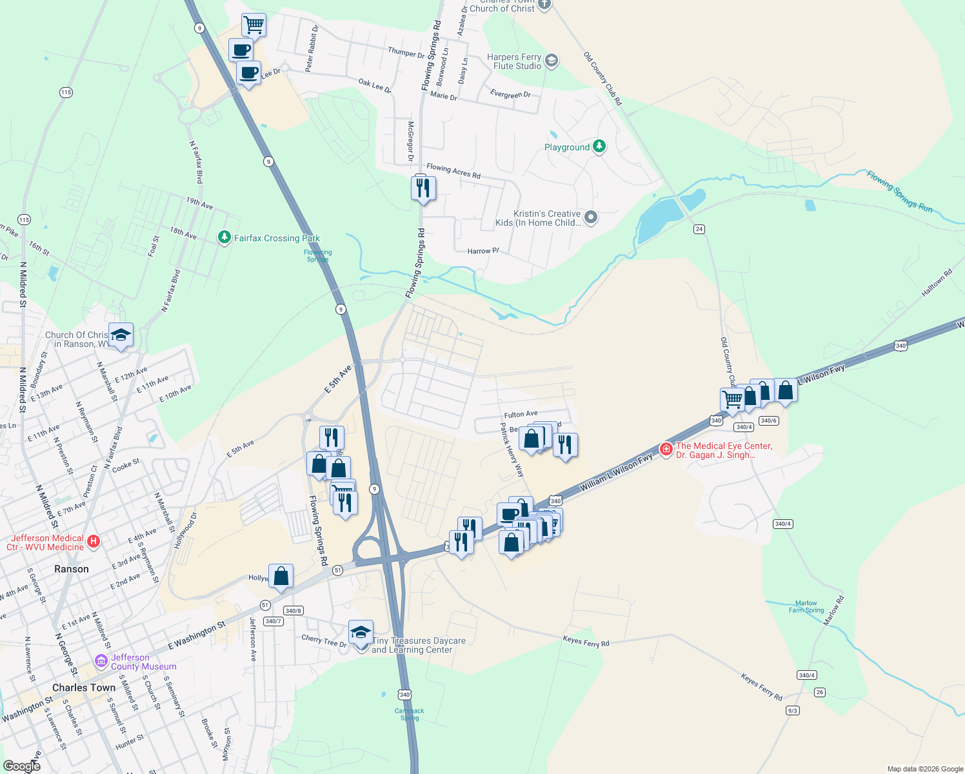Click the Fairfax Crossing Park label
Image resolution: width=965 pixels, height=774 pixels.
pyautogui.click(x=276, y=238)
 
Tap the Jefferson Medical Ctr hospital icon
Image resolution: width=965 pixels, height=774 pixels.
pyautogui.click(x=94, y=541)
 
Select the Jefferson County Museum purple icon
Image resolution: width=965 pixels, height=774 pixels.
pyautogui.click(x=101, y=660)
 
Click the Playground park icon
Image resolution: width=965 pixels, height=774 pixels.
pyautogui.click(x=599, y=146)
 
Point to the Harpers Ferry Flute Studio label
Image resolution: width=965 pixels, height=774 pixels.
pyautogui.click(x=514, y=61)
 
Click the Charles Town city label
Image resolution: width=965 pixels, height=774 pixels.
pyautogui.click(x=84, y=688)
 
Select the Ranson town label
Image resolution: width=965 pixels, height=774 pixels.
pyautogui.click(x=72, y=569)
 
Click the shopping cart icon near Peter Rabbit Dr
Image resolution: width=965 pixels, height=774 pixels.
pyautogui.click(x=254, y=25)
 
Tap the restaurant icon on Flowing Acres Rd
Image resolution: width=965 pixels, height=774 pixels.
pyautogui.click(x=423, y=188)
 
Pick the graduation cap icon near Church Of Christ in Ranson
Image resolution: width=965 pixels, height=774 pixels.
pyautogui.click(x=121, y=335)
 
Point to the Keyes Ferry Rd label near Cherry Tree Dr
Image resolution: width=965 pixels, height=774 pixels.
pyautogui.click(x=586, y=641)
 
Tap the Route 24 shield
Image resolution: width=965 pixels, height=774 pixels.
pyautogui.click(x=699, y=229)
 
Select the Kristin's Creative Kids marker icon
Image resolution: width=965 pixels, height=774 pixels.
pyautogui.click(x=590, y=217)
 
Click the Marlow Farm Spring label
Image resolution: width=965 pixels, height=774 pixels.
pyautogui.click(x=806, y=607)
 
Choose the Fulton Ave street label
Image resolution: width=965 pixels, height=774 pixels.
pyautogui.click(x=521, y=414)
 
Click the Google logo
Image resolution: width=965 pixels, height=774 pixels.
pyautogui.click(x=22, y=766)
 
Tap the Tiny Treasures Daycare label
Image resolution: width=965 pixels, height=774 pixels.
pyautogui.click(x=419, y=645)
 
